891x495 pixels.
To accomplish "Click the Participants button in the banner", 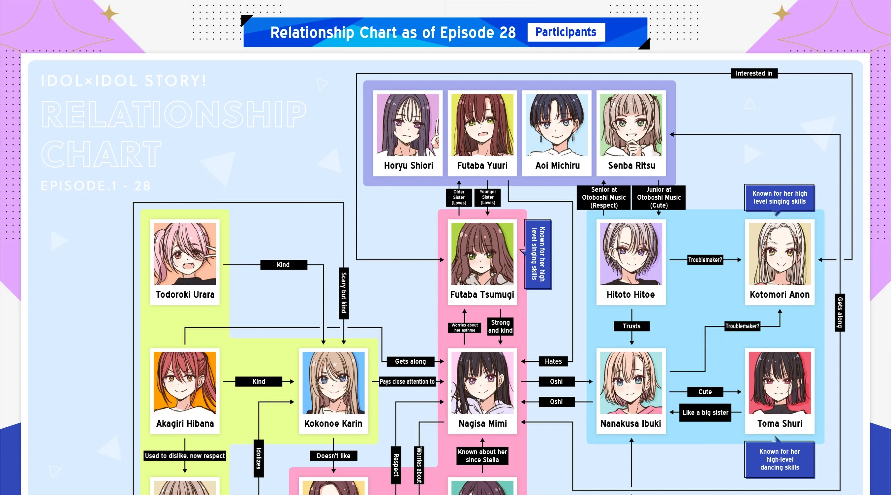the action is coord(566,32).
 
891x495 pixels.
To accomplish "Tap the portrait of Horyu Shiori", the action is coord(408,125).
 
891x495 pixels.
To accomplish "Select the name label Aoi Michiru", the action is coord(557,165).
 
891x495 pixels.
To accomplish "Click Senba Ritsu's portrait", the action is coord(631,125).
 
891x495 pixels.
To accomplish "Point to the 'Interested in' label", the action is coord(754,73).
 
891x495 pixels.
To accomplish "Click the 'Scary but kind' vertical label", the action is coord(344,293).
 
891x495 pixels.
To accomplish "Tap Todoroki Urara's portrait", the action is coord(185,254).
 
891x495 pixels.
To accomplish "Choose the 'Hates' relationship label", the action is coord(553,361).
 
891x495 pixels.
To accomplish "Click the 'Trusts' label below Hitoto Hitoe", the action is coord(631,326).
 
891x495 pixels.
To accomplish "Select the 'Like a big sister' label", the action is coord(705,412).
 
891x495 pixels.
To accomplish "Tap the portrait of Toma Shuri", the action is coord(780,383).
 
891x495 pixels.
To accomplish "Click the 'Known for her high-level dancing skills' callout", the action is coord(780,459).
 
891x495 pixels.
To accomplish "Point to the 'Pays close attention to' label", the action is coord(407,381).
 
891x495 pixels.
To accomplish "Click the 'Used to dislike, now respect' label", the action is coord(185,455).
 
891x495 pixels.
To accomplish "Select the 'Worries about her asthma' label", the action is coord(465,327).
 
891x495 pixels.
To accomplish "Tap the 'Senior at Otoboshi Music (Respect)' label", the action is coord(603,197).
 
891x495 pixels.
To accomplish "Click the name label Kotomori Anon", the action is coord(780,295).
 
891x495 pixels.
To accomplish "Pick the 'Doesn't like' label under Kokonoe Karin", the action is coord(333,455).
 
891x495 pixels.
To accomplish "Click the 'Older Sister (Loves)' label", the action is coord(459,197).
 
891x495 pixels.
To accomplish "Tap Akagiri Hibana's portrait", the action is coord(185,383).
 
